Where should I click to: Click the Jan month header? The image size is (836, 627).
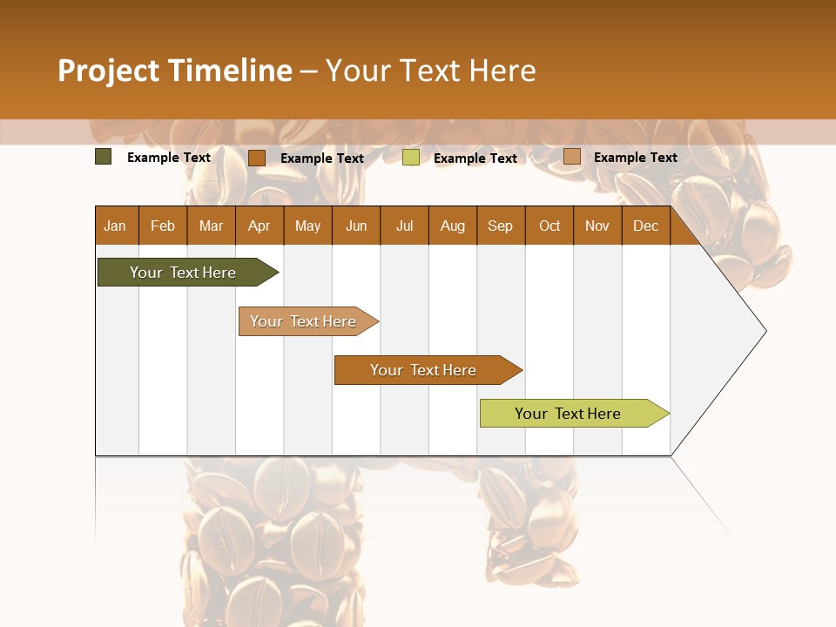tap(116, 226)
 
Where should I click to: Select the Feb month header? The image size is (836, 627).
tap(163, 226)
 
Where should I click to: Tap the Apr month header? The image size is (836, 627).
tap(260, 226)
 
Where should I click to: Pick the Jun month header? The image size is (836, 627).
tap(356, 226)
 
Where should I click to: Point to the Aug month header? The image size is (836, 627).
tap(453, 226)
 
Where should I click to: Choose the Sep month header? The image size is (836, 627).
tap(501, 226)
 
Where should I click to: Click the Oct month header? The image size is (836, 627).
tap(549, 226)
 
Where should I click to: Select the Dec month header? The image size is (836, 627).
tap(646, 226)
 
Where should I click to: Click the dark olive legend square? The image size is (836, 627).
tap(104, 157)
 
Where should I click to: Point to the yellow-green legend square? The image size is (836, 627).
tap(411, 158)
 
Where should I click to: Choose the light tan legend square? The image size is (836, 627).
tap(572, 157)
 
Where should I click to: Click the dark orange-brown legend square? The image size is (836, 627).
tap(257, 158)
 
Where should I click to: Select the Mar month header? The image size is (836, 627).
tap(211, 226)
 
